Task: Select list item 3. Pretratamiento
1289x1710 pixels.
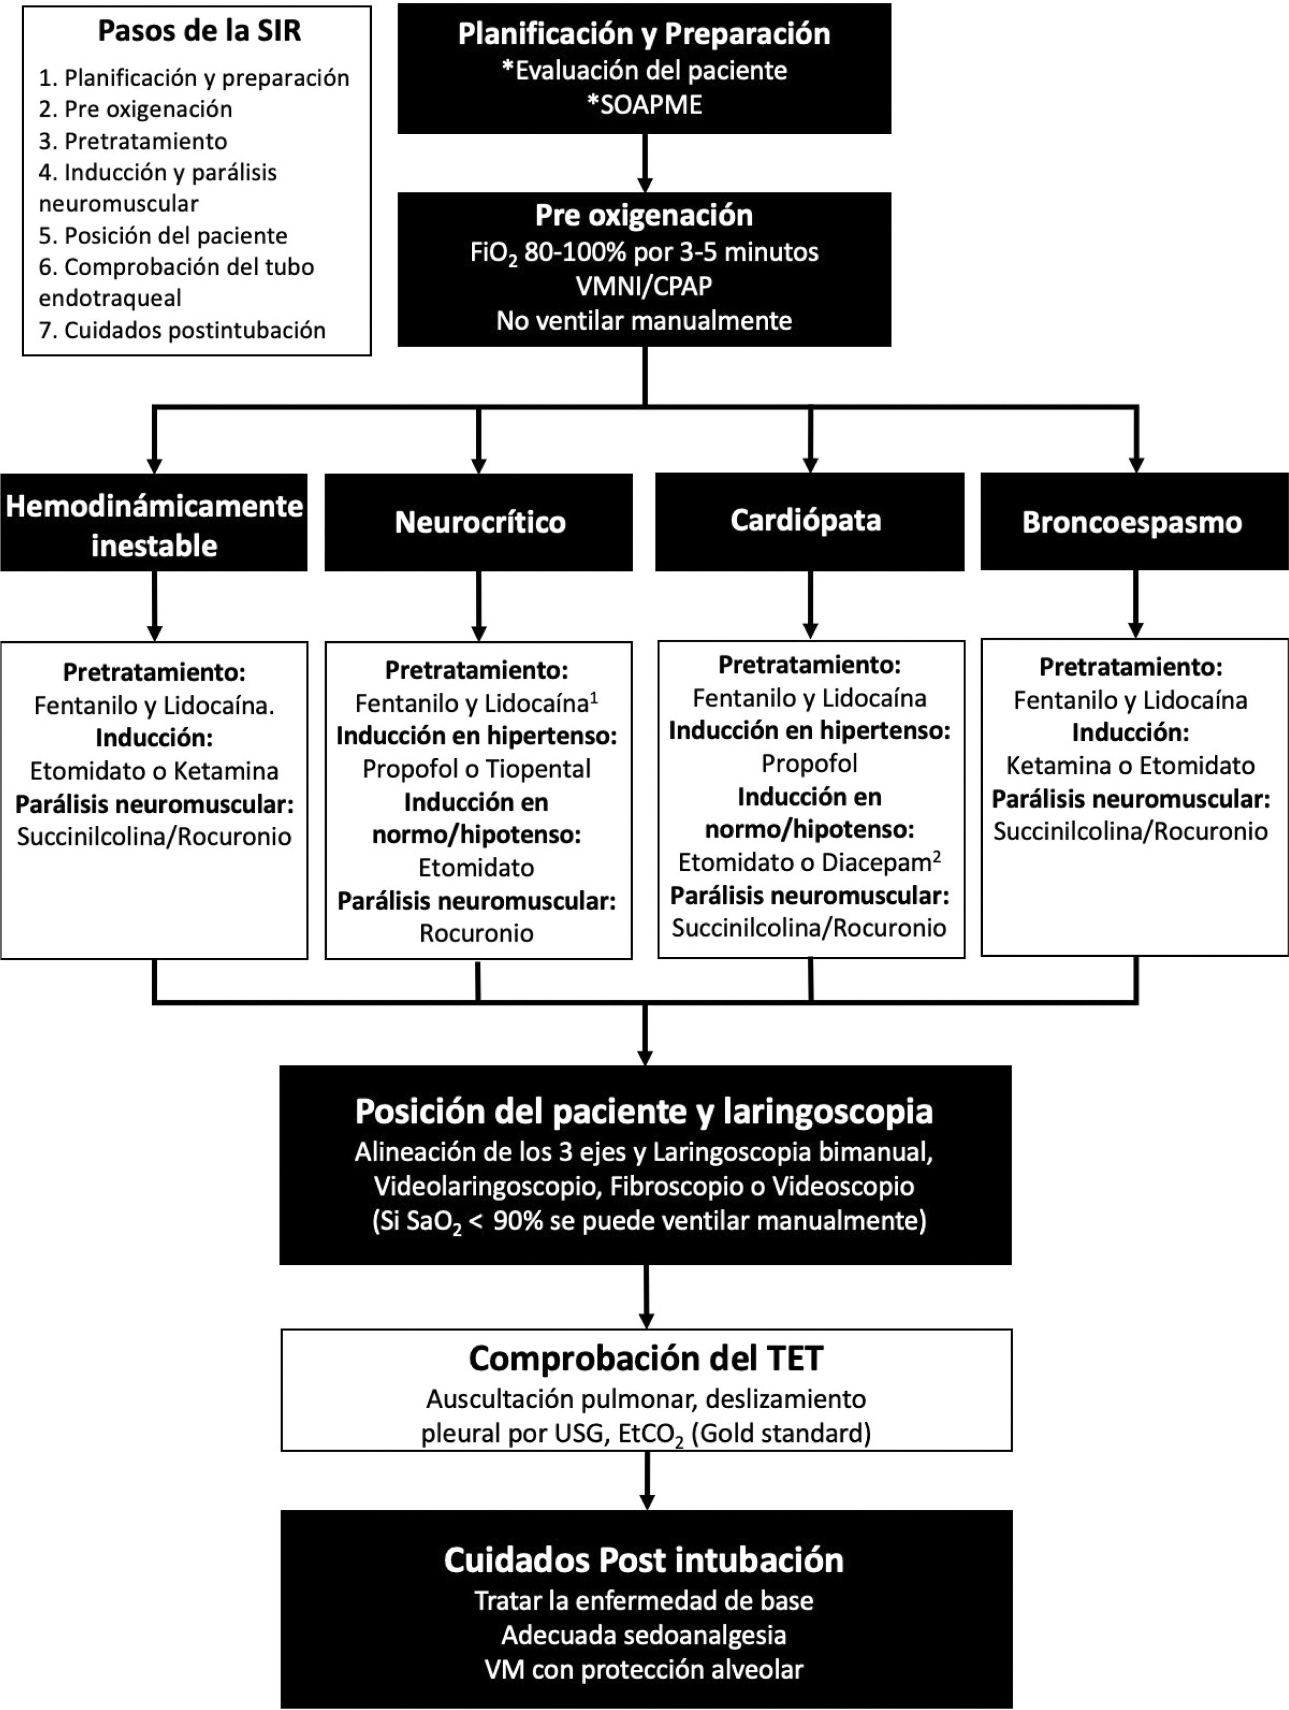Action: pos(133,141)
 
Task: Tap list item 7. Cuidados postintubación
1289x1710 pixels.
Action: pos(183,330)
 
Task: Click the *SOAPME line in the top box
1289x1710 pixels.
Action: pos(644,104)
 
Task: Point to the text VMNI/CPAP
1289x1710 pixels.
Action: pos(644,286)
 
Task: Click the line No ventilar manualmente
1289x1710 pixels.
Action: pos(644,320)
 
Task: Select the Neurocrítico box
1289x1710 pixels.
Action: pos(479,523)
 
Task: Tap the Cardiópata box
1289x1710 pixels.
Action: pos(809,521)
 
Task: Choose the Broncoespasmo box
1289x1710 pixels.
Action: pos(1132,523)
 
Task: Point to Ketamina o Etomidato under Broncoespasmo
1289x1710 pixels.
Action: pos(1130,766)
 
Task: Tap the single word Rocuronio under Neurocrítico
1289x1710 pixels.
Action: pos(476,933)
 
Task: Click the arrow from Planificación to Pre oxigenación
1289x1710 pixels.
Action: pos(644,163)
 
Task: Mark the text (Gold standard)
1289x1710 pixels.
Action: pos(781,1432)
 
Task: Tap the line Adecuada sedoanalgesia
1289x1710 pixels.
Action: pos(644,1635)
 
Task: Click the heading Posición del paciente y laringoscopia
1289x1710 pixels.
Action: pos(644,1111)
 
